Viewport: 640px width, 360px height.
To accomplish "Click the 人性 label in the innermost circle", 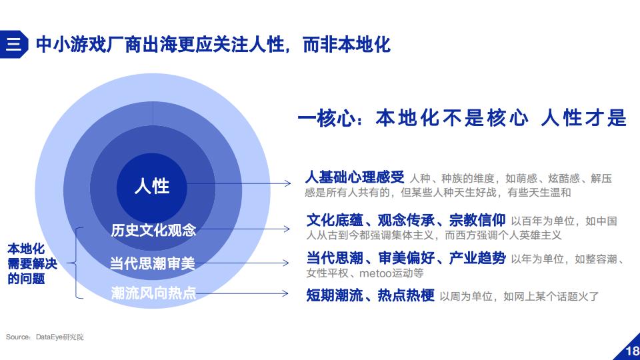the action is pyautogui.click(x=152, y=186).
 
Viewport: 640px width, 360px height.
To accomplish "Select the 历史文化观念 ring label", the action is pyautogui.click(x=153, y=230).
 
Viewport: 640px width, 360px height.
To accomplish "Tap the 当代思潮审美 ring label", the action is pyautogui.click(x=152, y=263).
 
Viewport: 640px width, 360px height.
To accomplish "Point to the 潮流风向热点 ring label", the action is pyautogui.click(x=153, y=293).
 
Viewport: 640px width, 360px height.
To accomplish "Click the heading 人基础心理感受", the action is pyautogui.click(x=355, y=177).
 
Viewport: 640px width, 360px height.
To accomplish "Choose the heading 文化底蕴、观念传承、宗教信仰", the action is pyautogui.click(x=406, y=221).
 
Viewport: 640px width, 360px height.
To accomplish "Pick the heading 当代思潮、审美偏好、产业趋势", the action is pyautogui.click(x=406, y=258).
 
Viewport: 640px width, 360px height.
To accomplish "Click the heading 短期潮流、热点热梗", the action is pyautogui.click(x=370, y=295).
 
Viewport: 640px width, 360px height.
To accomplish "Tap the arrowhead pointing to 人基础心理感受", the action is pyautogui.click(x=288, y=183).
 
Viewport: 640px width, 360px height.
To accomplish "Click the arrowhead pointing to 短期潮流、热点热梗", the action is pyautogui.click(x=285, y=293).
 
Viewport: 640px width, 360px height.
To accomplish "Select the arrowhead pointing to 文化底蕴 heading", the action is pyautogui.click(x=287, y=229).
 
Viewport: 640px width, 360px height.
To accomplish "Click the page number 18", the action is pyautogui.click(x=632, y=351).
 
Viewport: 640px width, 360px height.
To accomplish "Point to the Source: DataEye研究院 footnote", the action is pyautogui.click(x=45, y=337).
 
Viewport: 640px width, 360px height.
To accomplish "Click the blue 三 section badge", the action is pyautogui.click(x=13, y=44).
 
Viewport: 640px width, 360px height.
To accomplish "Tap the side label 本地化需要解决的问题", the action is pyautogui.click(x=32, y=264).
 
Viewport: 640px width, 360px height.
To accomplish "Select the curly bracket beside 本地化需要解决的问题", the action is pyautogui.click(x=76, y=263).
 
